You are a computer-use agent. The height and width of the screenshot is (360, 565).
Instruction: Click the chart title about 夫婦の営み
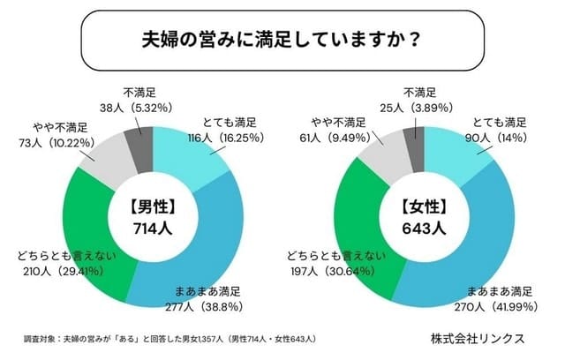tap(282, 40)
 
